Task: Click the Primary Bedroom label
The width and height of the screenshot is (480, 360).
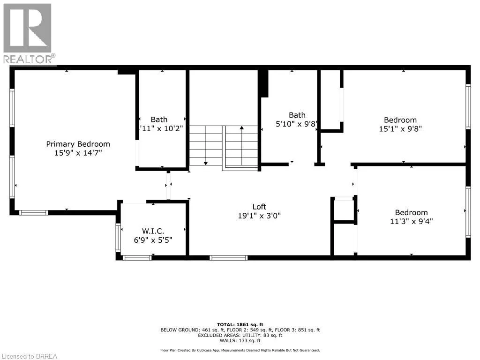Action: click(78, 144)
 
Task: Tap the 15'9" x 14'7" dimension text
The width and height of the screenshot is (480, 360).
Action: click(78, 153)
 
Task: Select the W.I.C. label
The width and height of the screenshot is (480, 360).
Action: click(153, 231)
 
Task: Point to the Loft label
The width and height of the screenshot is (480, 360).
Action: click(259, 207)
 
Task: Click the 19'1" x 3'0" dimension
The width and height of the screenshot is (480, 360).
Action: click(259, 216)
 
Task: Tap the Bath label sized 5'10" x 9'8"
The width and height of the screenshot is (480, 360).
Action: click(297, 115)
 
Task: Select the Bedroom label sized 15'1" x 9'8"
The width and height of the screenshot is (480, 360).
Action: click(400, 120)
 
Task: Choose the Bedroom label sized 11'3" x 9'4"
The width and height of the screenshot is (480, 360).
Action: click(411, 212)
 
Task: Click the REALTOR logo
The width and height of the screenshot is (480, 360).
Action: click(28, 33)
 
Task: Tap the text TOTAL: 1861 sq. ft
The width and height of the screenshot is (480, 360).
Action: click(240, 324)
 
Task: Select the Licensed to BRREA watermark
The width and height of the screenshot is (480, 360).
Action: click(29, 356)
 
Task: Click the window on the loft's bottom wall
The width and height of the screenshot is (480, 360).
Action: click(228, 257)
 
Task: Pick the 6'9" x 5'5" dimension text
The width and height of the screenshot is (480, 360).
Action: click(153, 240)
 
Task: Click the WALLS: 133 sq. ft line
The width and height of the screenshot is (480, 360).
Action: click(240, 341)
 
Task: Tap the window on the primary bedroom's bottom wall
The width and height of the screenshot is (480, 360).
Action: click(33, 213)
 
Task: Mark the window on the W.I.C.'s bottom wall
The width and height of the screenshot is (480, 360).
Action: click(137, 257)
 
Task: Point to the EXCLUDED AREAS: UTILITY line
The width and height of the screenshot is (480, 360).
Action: click(240, 335)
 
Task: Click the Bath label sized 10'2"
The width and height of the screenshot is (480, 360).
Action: click(159, 120)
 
